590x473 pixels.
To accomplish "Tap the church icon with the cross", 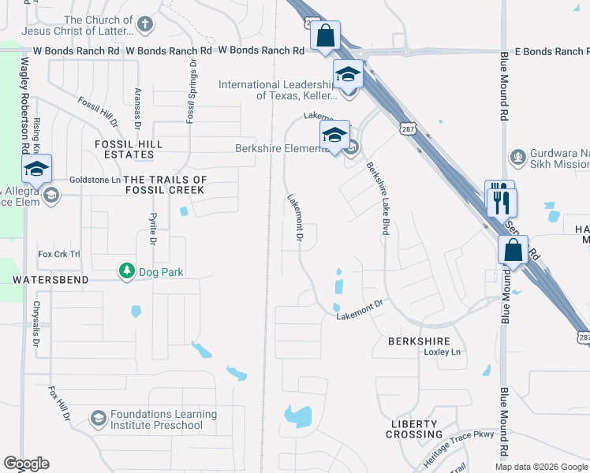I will click(144, 25).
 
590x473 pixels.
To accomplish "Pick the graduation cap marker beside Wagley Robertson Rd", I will click(36, 169).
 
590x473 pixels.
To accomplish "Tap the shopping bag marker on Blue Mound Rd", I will click(513, 251).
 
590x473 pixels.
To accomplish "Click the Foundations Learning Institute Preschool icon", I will click(99, 417).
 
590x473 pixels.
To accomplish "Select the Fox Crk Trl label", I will click(59, 254).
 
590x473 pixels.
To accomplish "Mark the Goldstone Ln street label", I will click(94, 180).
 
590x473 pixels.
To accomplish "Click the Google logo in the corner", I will click(26, 464).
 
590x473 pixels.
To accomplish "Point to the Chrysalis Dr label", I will click(35, 323).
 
